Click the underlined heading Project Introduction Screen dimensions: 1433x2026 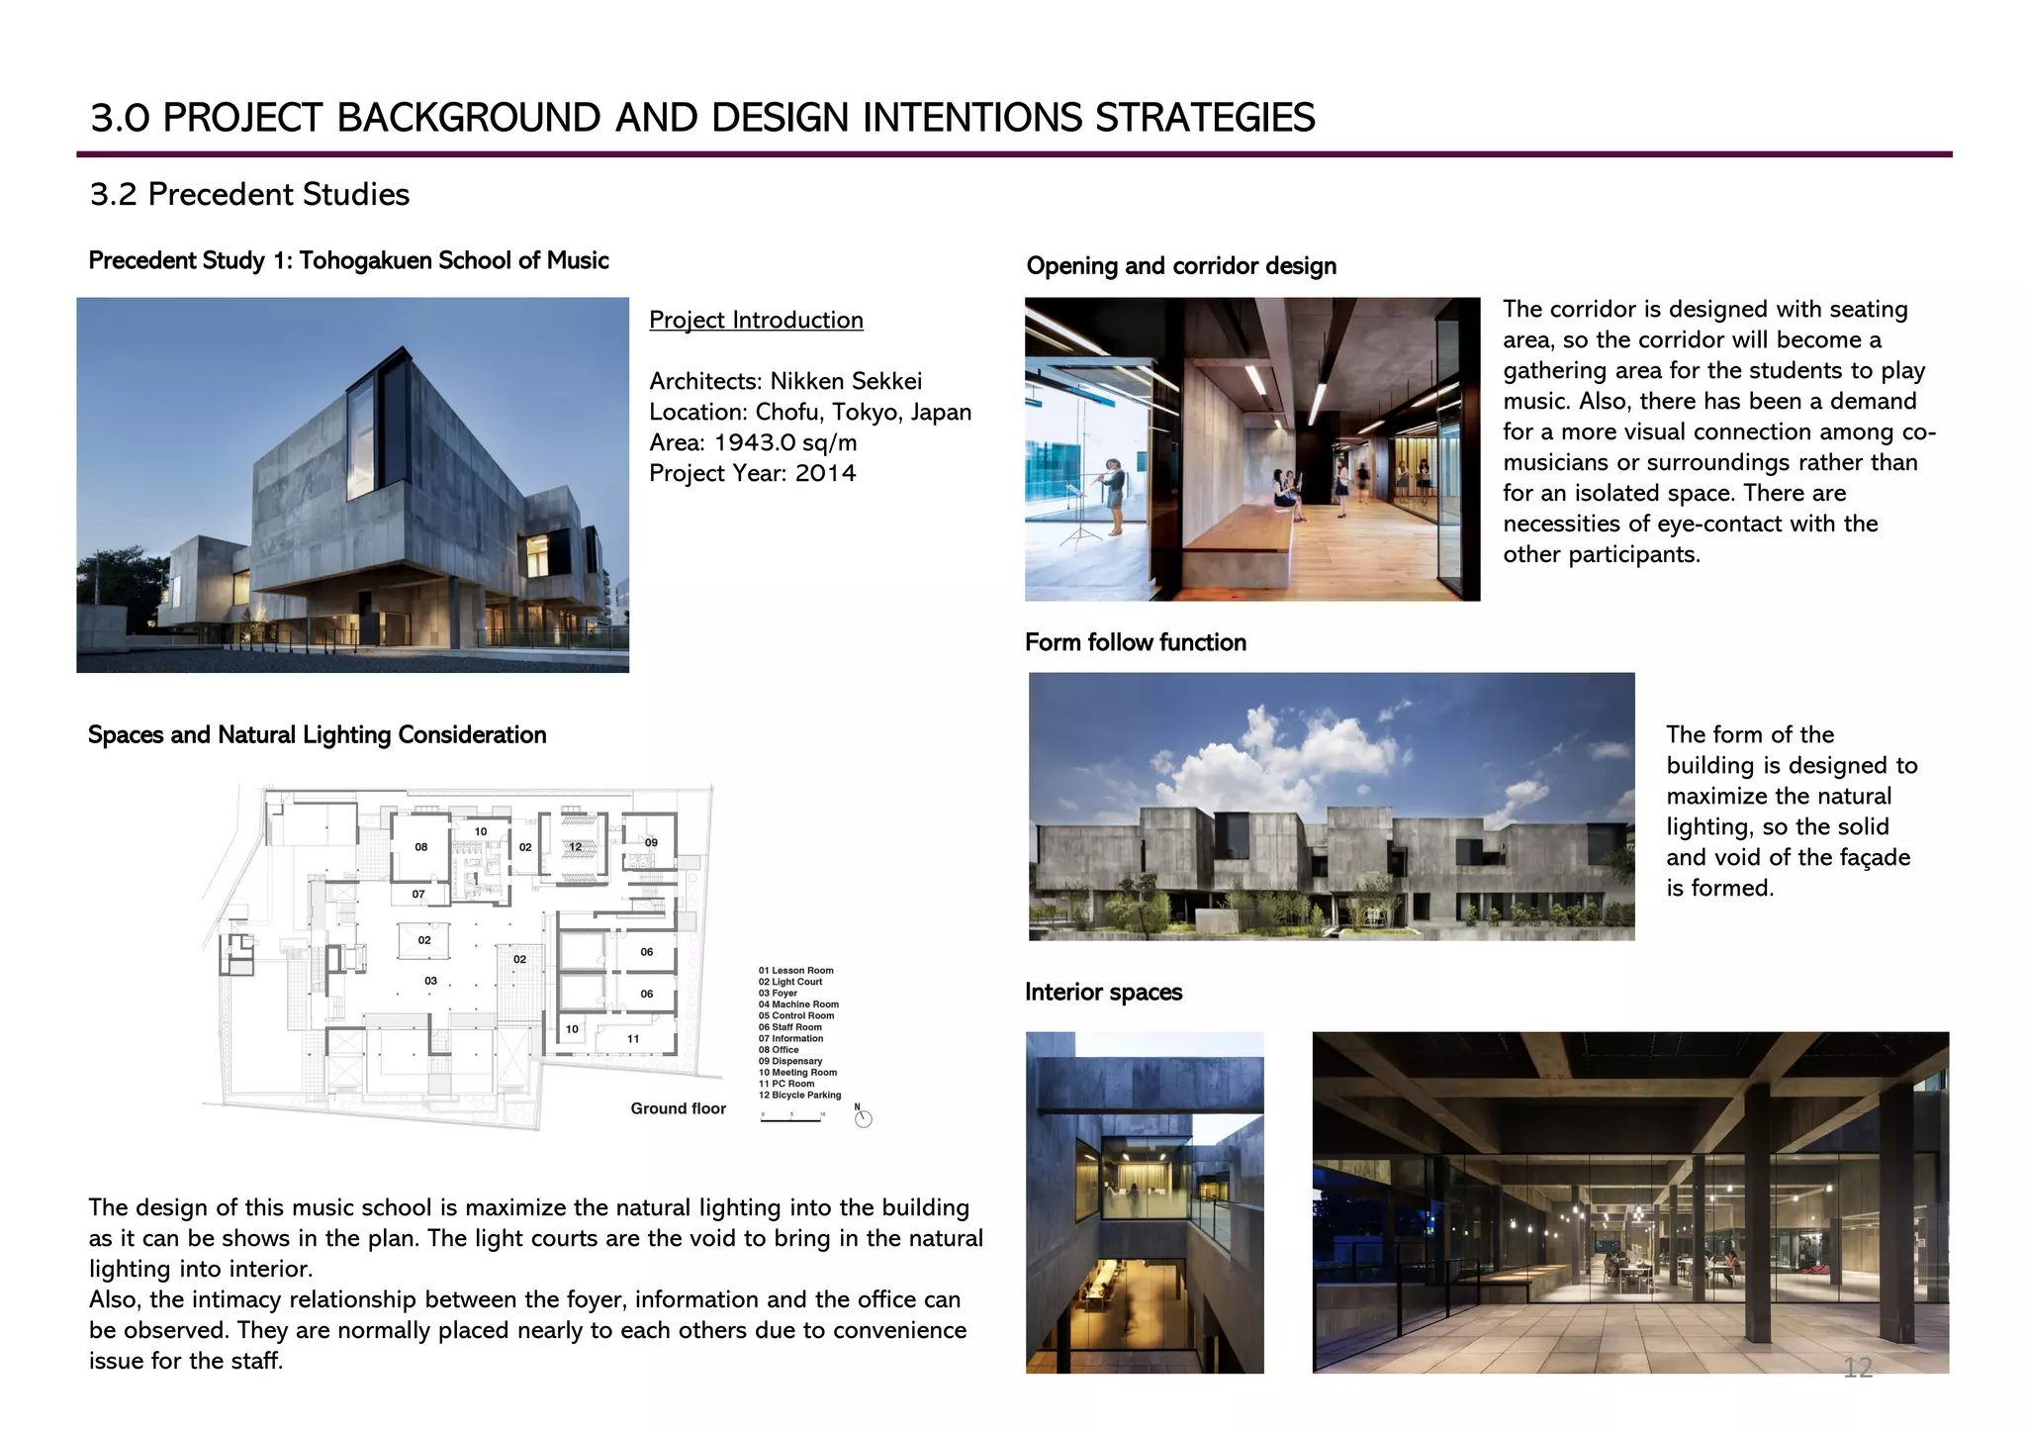point(756,321)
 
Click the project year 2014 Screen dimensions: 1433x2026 point(825,474)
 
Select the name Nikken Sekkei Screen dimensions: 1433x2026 point(846,382)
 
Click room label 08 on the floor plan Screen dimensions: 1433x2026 point(421,847)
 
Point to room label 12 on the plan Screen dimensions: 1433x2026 point(576,847)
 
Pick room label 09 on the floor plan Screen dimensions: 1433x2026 point(651,843)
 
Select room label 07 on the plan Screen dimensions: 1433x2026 point(418,895)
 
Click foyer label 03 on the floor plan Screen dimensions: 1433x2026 point(430,981)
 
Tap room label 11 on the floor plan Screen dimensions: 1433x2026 point(633,1039)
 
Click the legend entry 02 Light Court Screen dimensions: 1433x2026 point(790,982)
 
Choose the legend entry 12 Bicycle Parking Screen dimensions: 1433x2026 point(799,1096)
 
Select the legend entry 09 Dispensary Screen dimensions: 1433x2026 point(790,1062)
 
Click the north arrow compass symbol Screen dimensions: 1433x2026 point(863,1118)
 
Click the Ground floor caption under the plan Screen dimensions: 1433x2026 point(678,1109)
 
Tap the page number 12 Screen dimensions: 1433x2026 point(1857,1368)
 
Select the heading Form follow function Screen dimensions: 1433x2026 point(1135,643)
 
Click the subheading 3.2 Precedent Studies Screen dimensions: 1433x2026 point(249,195)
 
